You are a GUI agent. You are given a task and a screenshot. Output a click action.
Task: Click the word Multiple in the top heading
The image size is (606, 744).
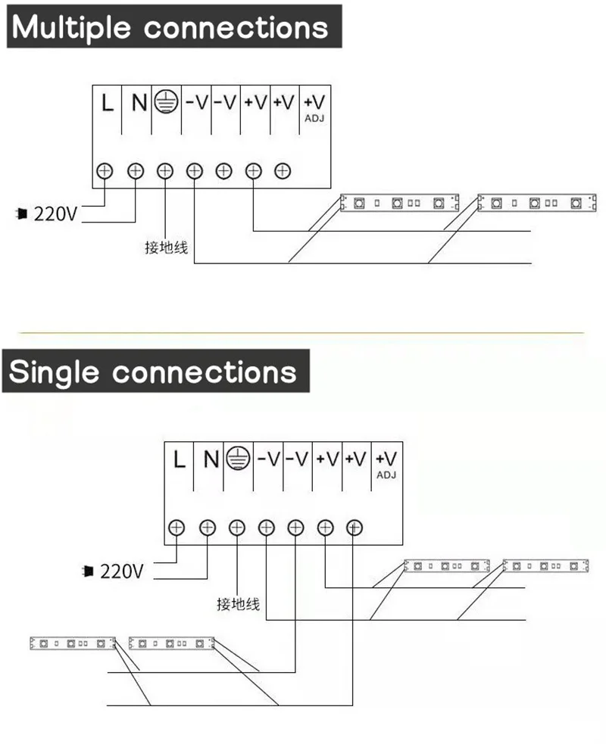[x=73, y=28]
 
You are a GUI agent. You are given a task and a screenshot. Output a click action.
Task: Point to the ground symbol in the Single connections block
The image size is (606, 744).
[x=239, y=458]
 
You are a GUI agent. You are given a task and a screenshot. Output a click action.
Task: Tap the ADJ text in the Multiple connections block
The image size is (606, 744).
[x=314, y=118]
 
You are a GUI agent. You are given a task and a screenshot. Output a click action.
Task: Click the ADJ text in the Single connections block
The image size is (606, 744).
[x=386, y=475]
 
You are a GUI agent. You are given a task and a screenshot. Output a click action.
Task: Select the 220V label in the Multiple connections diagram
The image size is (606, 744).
[x=55, y=213]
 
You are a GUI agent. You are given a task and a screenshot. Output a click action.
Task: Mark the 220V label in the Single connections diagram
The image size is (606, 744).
[x=121, y=571]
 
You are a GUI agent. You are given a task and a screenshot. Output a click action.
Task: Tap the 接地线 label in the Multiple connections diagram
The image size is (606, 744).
[x=166, y=247]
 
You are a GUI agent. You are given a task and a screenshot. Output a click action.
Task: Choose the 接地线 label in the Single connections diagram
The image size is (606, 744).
[x=238, y=604]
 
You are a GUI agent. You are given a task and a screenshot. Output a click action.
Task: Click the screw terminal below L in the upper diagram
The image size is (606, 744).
[x=105, y=171]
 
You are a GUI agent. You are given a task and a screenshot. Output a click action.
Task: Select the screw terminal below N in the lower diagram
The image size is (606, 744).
[x=207, y=528]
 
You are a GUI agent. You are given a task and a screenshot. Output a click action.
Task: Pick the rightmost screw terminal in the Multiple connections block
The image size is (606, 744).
[x=283, y=171]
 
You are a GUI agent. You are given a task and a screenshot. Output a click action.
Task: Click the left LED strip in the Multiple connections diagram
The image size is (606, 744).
[x=399, y=202]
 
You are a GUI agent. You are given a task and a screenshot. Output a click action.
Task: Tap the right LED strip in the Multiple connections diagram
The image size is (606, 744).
[x=537, y=202]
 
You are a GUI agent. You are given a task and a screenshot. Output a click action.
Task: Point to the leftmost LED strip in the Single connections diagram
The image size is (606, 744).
[x=71, y=644]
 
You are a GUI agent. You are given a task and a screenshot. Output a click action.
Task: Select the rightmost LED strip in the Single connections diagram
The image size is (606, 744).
[x=546, y=565]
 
